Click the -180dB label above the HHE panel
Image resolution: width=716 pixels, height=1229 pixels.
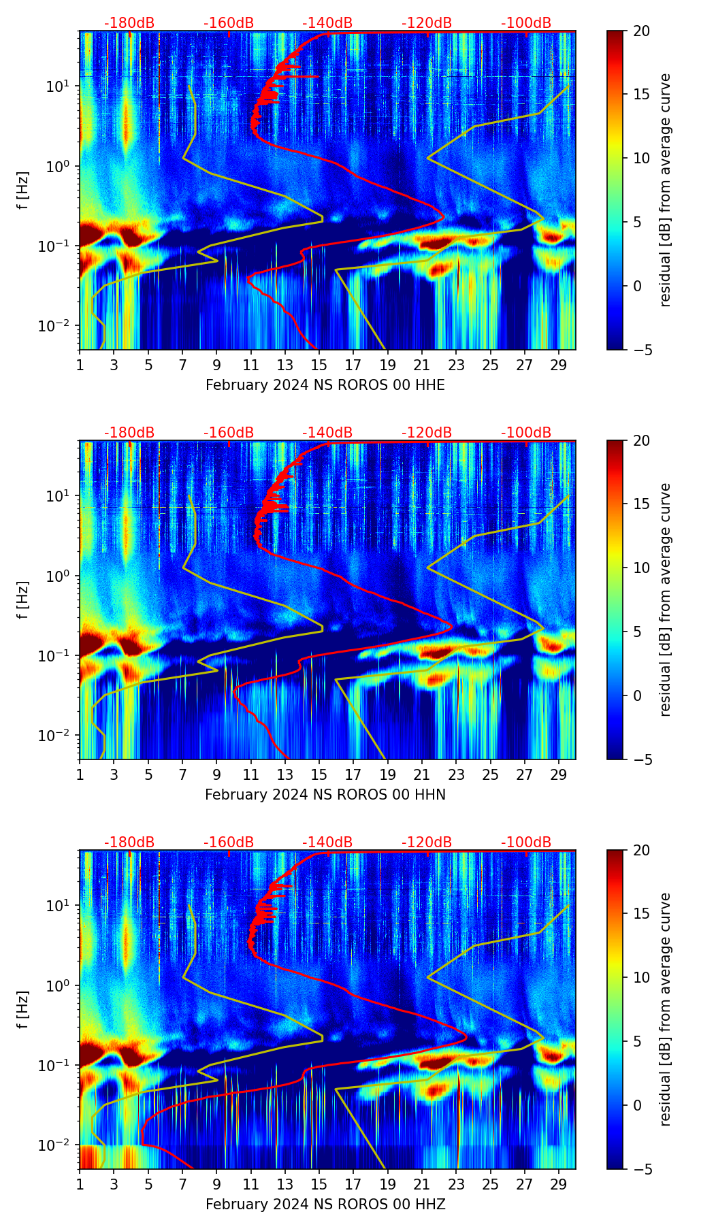[129, 23]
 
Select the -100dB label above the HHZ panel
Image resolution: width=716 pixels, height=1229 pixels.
[526, 842]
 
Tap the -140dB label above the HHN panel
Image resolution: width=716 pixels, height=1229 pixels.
[327, 433]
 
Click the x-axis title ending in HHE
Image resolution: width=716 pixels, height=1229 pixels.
[325, 385]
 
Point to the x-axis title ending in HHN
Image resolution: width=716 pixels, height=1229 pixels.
[325, 795]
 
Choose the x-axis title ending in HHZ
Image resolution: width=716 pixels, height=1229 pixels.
[325, 1205]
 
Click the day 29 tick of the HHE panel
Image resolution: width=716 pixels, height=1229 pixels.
[559, 364]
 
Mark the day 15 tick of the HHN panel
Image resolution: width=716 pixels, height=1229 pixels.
[319, 774]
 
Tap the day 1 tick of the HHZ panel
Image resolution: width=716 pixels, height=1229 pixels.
[80, 1183]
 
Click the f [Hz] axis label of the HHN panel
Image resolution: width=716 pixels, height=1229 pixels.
[23, 600]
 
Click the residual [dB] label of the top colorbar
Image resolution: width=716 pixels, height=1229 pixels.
[665, 190]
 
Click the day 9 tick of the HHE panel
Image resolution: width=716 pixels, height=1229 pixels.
[216, 364]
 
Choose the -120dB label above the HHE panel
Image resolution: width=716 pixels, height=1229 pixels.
[427, 23]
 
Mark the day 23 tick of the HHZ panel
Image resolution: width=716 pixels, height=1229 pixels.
[456, 1183]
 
